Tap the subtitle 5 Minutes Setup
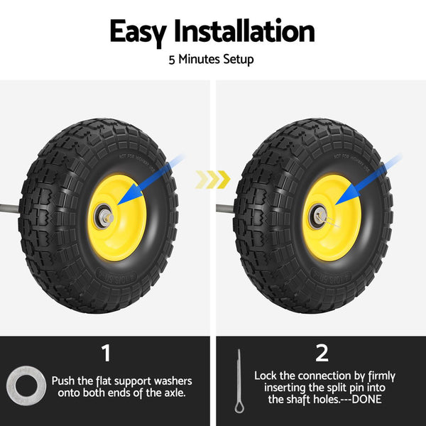211,60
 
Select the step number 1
105,353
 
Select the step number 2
322,353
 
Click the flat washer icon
26,386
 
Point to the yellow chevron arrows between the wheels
213,180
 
